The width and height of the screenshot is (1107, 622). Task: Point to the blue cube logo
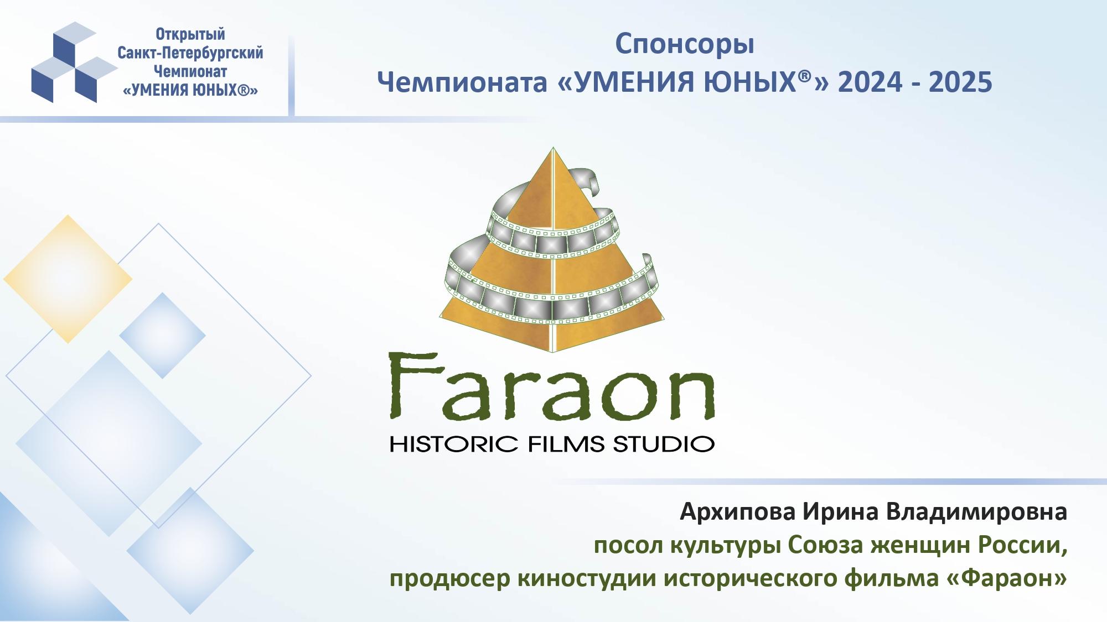74,62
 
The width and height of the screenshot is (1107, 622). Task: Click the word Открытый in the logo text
190,34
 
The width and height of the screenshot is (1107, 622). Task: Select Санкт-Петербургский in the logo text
190,53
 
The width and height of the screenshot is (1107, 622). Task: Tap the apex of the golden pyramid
552,148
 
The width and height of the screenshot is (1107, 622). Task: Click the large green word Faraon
551,387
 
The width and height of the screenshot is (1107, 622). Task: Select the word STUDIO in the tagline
664,444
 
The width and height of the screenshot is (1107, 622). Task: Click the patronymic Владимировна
976,511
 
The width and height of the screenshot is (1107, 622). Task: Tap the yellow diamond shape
68,279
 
